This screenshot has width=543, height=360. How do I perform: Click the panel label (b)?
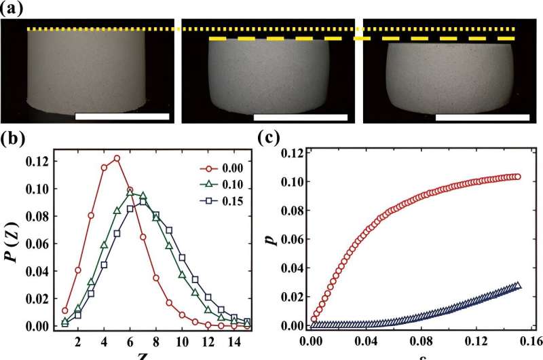click(12, 141)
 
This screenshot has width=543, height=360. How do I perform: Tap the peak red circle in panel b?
click(117, 158)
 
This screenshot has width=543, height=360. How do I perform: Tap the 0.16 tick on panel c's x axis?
click(528, 341)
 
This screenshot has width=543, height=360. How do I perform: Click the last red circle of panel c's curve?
click(517, 177)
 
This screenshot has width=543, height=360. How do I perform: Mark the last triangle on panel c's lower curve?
click(518, 285)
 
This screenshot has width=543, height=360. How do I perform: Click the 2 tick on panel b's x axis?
click(78, 341)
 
